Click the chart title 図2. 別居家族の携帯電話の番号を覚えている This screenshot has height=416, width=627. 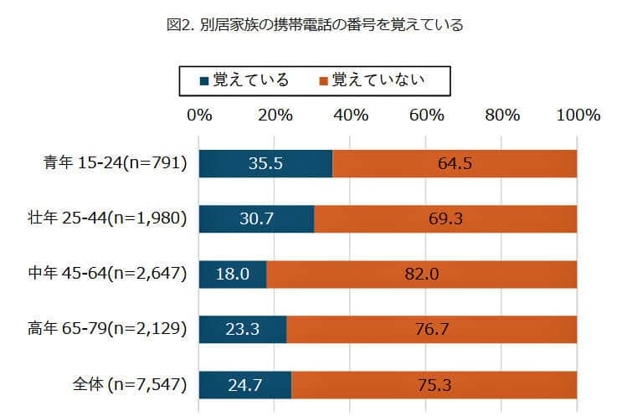click(x=315, y=25)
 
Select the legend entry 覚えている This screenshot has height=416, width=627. click(x=244, y=80)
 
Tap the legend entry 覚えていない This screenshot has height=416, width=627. click(x=372, y=80)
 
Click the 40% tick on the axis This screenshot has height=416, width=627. click(x=351, y=116)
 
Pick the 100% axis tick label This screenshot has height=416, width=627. click(x=577, y=116)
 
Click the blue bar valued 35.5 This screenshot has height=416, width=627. click(x=265, y=163)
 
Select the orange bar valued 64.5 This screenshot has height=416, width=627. click(x=455, y=163)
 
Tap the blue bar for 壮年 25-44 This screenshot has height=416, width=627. click(x=256, y=218)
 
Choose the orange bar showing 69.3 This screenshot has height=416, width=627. click(x=445, y=218)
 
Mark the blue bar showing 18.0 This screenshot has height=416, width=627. click(x=233, y=274)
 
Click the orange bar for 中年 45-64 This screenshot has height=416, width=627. click(x=422, y=274)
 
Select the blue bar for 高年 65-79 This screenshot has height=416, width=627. click(x=243, y=329)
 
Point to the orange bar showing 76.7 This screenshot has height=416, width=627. click(x=432, y=329)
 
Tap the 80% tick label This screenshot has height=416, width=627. click(x=502, y=116)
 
